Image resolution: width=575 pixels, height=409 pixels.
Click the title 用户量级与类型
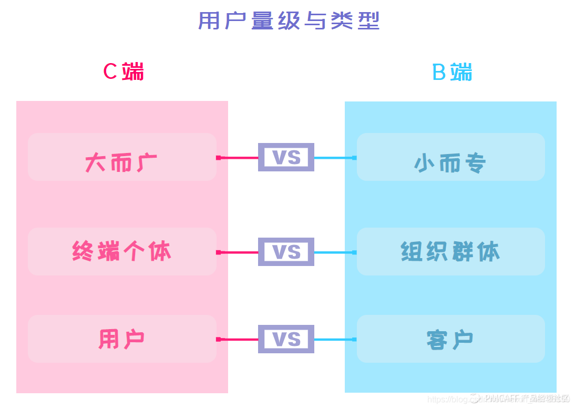(289, 22)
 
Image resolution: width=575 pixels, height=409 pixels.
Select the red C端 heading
(124, 71)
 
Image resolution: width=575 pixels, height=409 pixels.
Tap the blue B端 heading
(452, 72)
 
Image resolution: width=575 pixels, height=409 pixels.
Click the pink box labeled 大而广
(122, 157)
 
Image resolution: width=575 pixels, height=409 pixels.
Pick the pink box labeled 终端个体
(122, 252)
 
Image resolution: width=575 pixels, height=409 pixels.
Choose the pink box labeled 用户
(122, 339)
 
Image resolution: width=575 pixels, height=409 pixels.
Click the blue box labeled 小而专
(450, 157)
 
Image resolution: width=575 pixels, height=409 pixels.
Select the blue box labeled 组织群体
(450, 252)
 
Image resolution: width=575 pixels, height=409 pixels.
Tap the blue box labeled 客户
(450, 339)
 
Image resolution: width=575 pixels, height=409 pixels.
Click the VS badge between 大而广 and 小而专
(286, 157)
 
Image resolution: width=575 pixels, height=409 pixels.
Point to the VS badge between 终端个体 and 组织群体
(286, 252)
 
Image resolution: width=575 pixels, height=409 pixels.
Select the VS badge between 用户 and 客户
(286, 339)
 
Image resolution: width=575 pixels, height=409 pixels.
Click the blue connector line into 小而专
(334, 158)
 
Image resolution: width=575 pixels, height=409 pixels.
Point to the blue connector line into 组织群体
(334, 252)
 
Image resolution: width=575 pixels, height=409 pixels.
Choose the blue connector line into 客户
(334, 340)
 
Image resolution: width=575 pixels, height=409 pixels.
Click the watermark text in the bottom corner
(499, 399)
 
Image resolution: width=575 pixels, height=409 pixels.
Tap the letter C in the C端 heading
(110, 71)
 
